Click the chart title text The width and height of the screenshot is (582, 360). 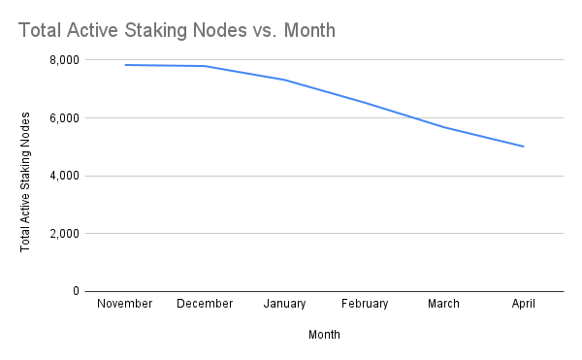point(177,31)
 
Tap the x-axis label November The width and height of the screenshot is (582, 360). point(125,304)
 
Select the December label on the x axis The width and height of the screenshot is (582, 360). point(205,304)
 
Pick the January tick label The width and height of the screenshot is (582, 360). point(285,304)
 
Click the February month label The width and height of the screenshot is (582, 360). point(365,304)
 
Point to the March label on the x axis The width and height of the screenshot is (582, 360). point(444,304)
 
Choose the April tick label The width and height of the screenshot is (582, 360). point(524,304)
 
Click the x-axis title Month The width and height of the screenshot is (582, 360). point(324,335)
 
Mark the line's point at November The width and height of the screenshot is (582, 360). point(125,65)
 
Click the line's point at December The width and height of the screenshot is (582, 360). point(205,66)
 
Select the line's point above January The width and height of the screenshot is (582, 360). point(285,80)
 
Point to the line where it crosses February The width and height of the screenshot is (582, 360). point(365,102)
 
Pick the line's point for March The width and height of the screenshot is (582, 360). point(444,127)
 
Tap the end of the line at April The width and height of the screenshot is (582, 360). point(524,147)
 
